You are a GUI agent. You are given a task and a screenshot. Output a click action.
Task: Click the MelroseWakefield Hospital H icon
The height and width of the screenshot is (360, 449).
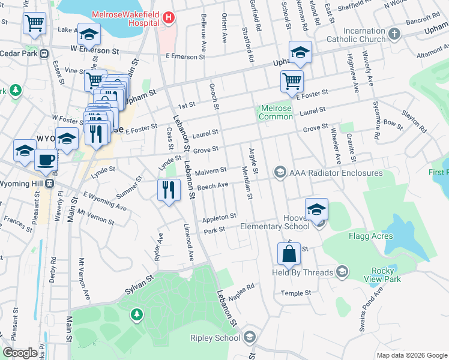click(x=169, y=17)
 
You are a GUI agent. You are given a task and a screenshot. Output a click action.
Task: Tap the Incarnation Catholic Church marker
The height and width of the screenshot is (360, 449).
click(x=394, y=34)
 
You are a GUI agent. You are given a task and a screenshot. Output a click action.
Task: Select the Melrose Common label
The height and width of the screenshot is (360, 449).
click(x=276, y=112)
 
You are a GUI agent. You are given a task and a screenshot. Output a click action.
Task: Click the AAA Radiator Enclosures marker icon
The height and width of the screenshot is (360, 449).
click(x=280, y=173)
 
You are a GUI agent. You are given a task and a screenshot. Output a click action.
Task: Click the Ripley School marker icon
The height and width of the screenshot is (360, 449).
click(x=250, y=338)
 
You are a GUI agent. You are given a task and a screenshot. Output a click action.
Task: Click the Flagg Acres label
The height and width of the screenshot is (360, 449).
click(x=370, y=236)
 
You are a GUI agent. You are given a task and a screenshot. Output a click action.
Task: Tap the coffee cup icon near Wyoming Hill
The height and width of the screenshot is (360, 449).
click(x=46, y=159)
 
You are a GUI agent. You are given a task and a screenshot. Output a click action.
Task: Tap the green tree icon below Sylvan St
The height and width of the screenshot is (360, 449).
click(x=137, y=314)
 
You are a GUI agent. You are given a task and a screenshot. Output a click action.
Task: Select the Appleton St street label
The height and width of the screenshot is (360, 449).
click(x=219, y=217)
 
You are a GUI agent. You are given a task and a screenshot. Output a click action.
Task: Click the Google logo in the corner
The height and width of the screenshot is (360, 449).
click(x=20, y=352)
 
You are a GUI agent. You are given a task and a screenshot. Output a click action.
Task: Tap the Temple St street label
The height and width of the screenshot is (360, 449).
click(x=296, y=293)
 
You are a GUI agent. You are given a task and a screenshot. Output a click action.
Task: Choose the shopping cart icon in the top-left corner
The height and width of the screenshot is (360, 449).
click(x=34, y=23)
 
